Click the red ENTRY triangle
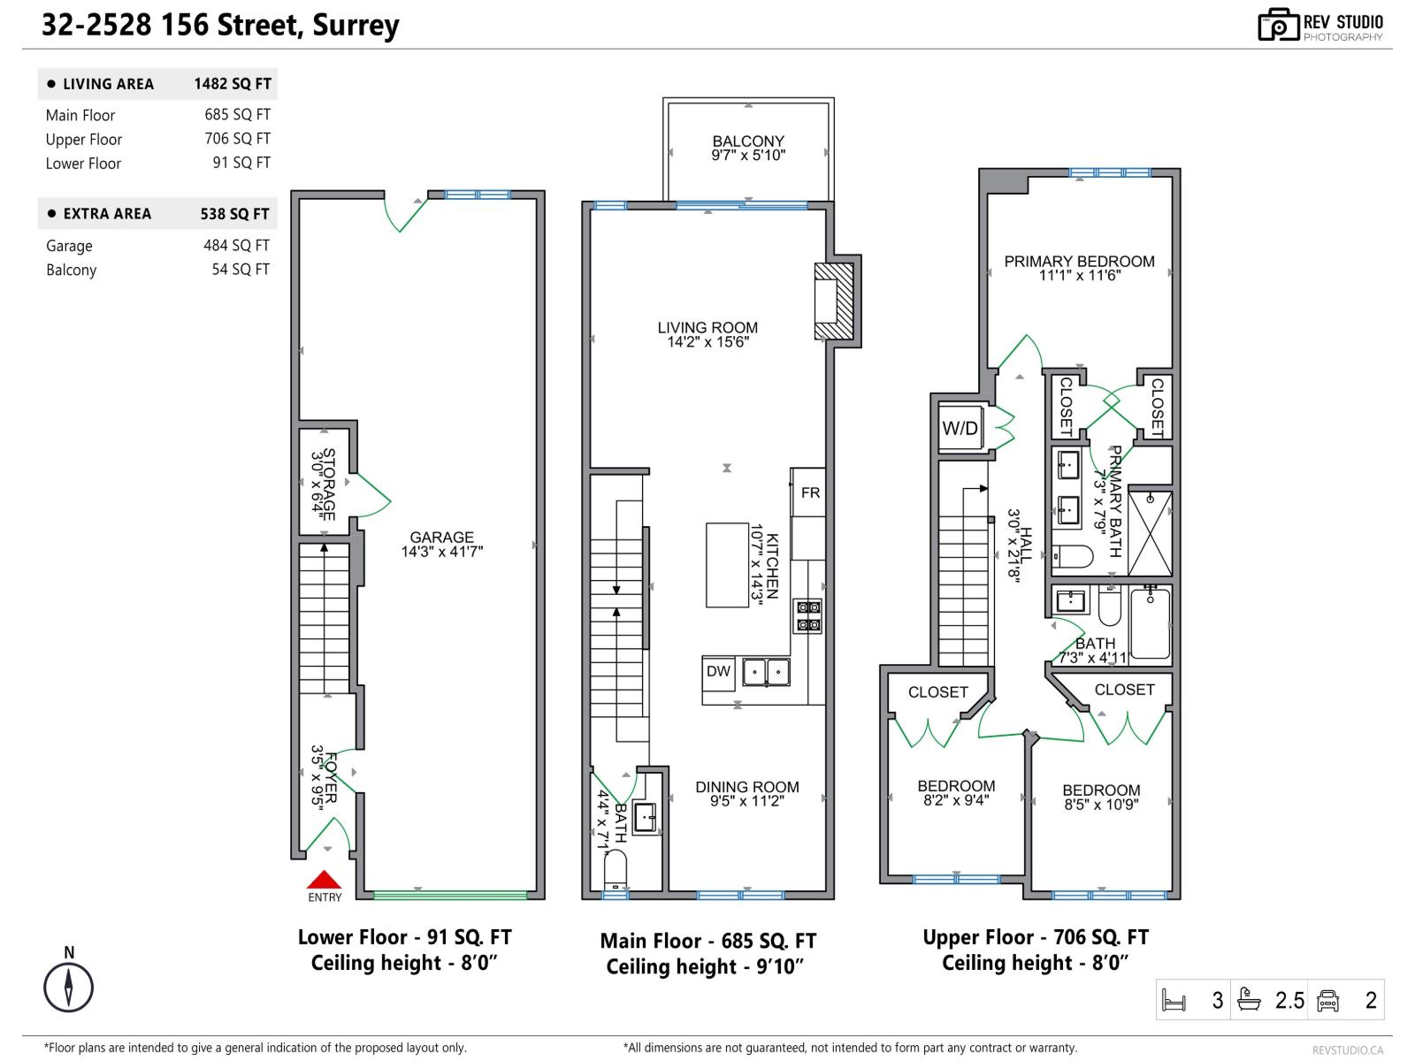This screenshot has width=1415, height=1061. coord(324,880)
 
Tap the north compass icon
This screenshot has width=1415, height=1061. coord(69,987)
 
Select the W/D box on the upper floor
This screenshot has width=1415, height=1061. coord(960,429)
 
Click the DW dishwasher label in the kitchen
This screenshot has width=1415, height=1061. coord(718,672)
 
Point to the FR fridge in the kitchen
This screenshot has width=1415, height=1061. coord(809,492)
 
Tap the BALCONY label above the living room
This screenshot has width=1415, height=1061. coord(748,141)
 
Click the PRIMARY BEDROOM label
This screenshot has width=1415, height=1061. coord(1079,262)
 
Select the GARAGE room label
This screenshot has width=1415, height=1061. coord(441,538)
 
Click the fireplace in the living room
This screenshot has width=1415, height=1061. coord(833,302)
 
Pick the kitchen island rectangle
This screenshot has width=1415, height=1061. coord(727,565)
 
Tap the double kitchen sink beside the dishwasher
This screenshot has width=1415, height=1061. coord(766,673)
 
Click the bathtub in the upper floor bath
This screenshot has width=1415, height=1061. coord(1150,624)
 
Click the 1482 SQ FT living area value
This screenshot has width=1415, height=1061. coord(233,84)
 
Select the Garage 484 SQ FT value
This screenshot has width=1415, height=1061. coord(236,246)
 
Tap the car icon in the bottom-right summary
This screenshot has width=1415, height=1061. coord(1327,1001)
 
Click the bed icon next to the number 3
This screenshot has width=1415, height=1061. coord(1174,1001)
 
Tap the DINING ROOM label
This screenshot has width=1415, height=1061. coord(746,787)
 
